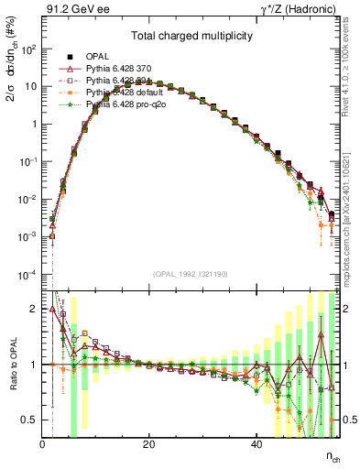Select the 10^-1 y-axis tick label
(x=27, y=161)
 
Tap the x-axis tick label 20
(x=148, y=443)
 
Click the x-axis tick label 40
(x=256, y=443)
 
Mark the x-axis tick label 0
(x=42, y=443)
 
